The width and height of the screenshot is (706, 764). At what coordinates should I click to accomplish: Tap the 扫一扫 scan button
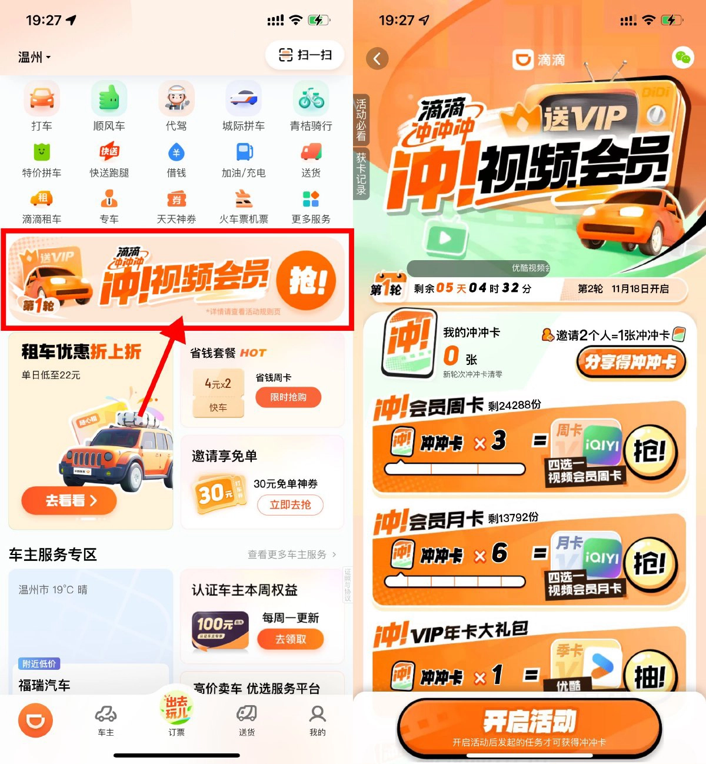305,55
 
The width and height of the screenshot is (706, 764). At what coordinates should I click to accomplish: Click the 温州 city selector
34,57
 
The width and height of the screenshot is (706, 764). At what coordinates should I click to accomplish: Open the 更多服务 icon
311,200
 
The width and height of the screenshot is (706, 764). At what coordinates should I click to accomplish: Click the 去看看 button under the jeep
69,501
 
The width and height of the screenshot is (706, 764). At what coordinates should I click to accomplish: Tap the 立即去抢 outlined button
290,504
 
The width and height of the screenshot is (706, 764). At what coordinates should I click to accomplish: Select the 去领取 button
291,639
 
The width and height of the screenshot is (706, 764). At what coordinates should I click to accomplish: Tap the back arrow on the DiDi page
377,59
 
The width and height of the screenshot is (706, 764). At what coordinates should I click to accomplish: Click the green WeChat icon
682,58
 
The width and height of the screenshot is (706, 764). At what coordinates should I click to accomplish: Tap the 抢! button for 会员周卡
650,451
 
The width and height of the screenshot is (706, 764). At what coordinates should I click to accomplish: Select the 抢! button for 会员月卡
650,564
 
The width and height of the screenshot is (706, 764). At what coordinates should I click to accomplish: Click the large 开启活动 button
529,726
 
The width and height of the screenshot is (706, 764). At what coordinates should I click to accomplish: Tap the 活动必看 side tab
361,120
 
